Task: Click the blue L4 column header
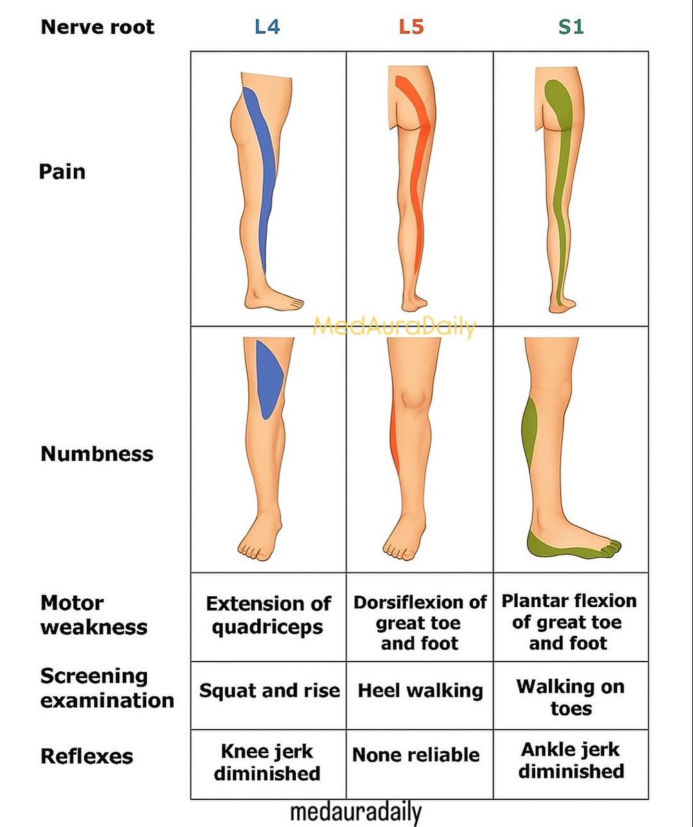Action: click(x=267, y=27)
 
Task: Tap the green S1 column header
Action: click(x=571, y=28)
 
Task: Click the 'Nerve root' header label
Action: click(x=97, y=28)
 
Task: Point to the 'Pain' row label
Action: click(x=62, y=171)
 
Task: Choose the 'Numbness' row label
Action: click(x=97, y=454)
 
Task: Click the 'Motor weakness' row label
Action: click(x=93, y=615)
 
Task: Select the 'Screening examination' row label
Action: click(x=106, y=688)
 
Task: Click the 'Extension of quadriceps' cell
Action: click(x=268, y=615)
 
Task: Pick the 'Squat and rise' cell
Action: click(x=269, y=691)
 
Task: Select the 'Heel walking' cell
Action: click(x=420, y=691)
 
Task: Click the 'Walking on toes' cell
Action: click(x=570, y=697)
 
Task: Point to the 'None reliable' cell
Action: click(x=416, y=755)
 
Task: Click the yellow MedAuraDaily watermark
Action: click(x=394, y=327)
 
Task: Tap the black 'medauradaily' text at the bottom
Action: click(x=355, y=813)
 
